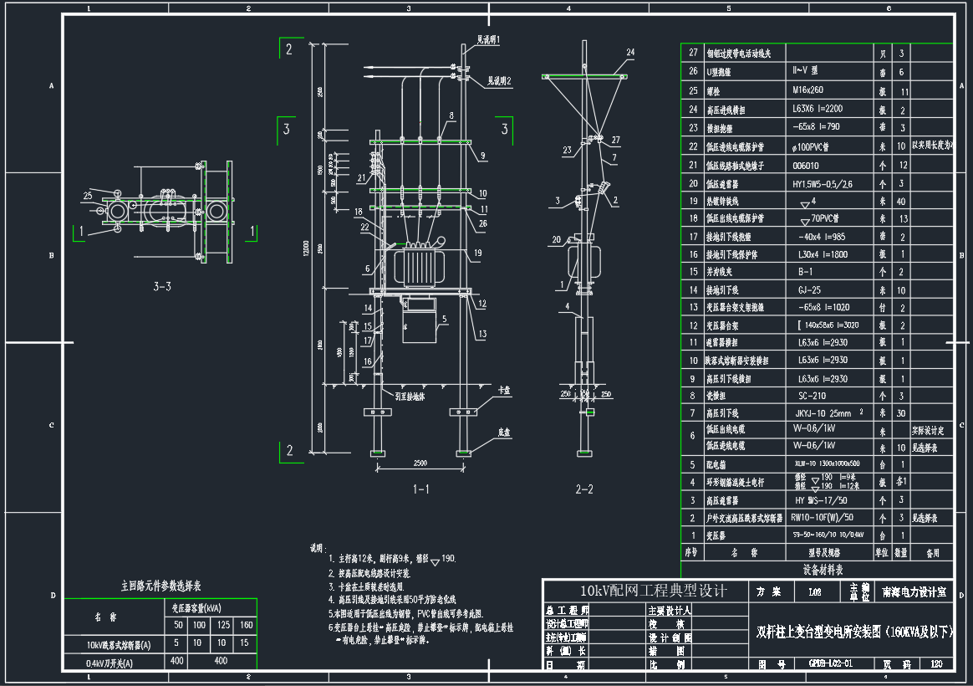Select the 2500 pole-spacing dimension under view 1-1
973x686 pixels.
coord(420,463)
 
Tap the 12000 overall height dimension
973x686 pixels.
coord(308,248)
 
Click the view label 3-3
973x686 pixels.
coord(162,287)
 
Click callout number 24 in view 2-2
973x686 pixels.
coord(630,52)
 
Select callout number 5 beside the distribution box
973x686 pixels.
coord(446,319)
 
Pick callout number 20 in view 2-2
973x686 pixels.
coord(557,241)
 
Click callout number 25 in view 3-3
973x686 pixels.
coord(87,195)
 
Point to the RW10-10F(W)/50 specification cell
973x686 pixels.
coord(822,518)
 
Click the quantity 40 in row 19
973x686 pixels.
coord(901,201)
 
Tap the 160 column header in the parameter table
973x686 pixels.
coord(246,625)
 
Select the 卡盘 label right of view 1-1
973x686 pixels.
coord(503,391)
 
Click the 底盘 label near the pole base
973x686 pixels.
coord(504,433)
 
